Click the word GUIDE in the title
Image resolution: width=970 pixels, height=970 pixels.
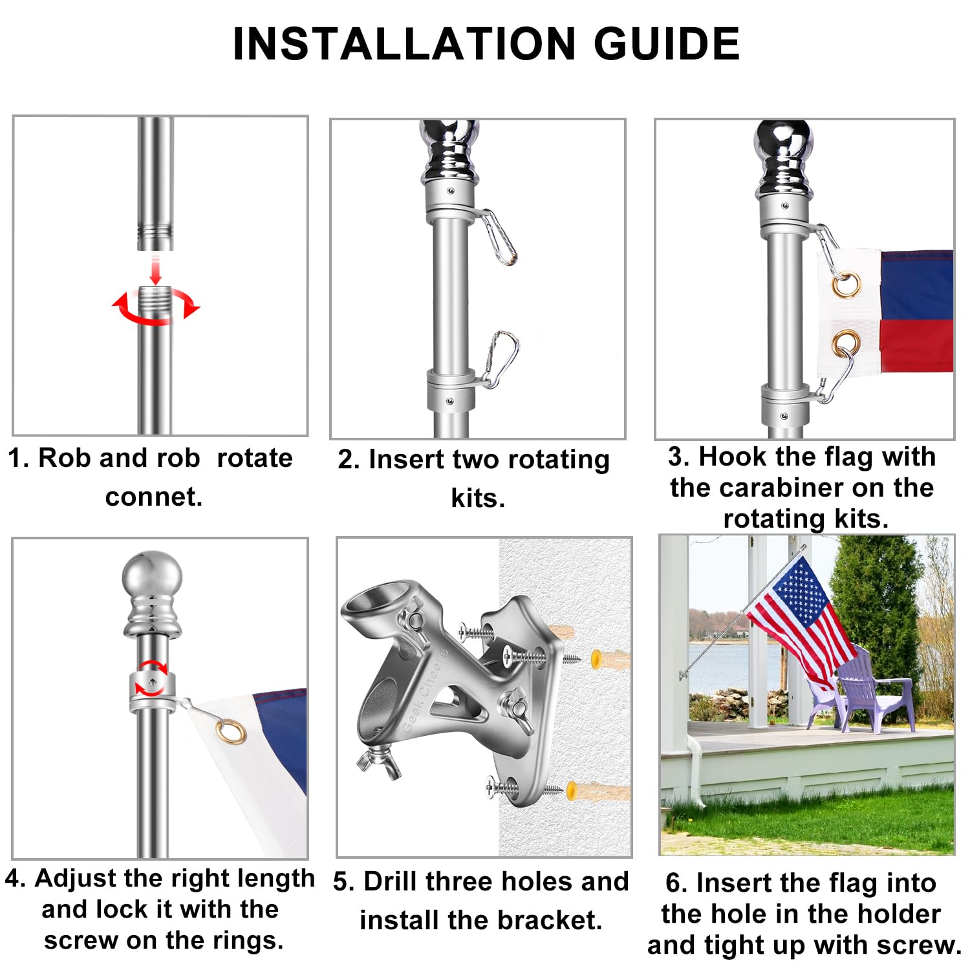pyautogui.click(x=667, y=44)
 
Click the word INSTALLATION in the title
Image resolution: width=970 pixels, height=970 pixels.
pyautogui.click(x=404, y=44)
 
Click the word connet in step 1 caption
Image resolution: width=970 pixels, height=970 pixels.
pyautogui.click(x=153, y=497)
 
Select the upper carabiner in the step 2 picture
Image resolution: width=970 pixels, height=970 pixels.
pyautogui.click(x=499, y=237)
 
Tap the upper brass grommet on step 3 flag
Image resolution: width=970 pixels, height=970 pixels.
pyautogui.click(x=846, y=285)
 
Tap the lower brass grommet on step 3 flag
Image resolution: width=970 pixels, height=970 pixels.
pyautogui.click(x=845, y=344)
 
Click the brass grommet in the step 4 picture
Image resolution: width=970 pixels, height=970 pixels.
pyautogui.click(x=231, y=731)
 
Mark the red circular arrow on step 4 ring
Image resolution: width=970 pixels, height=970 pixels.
pyautogui.click(x=153, y=678)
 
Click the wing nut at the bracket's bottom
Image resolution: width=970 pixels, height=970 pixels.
pyautogui.click(x=378, y=761)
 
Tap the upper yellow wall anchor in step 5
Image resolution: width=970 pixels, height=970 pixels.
pyautogui.click(x=598, y=659)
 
